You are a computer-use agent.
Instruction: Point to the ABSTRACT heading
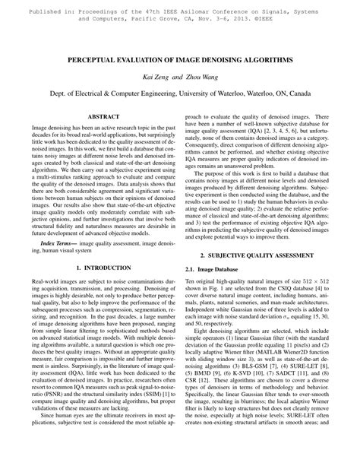click(98, 116)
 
